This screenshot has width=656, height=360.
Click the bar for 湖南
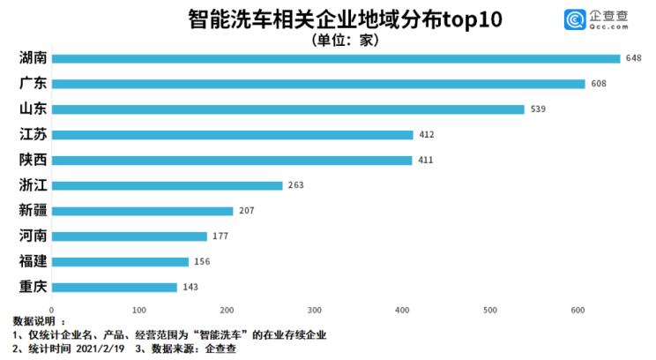point(335,59)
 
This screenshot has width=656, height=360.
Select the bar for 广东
point(317,85)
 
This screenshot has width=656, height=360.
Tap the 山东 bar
point(287,109)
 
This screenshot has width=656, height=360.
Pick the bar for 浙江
point(167,185)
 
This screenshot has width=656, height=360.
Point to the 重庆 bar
point(114,287)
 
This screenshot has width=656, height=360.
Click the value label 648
point(633,59)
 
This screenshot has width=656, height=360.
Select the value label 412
point(427,135)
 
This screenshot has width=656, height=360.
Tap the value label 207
point(247,211)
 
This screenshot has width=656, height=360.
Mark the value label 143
point(190,287)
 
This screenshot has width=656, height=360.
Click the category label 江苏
point(33,135)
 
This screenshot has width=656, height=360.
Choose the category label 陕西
point(33,161)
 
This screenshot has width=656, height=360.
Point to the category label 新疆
point(33,211)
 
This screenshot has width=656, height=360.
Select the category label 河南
point(33,236)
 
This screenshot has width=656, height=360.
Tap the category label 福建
point(33,261)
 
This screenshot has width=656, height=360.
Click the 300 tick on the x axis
point(315,311)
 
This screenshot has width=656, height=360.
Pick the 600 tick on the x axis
point(578,311)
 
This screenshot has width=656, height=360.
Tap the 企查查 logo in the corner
point(600,19)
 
